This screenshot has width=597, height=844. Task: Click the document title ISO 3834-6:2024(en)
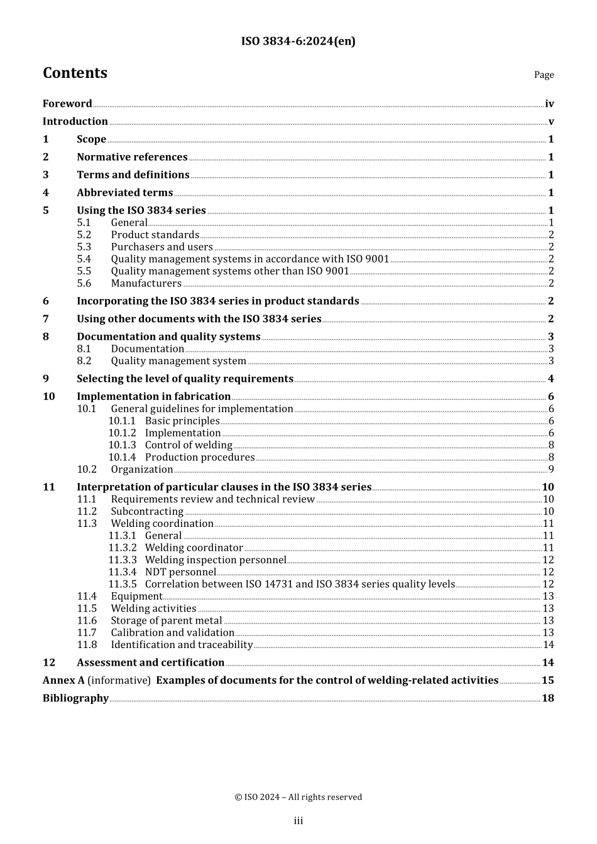point(298,41)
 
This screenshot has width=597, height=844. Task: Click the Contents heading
point(75,73)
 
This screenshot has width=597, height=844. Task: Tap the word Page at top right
point(544,75)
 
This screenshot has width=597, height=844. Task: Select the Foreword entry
point(67,104)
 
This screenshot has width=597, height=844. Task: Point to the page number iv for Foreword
point(549,104)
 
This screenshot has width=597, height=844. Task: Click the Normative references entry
point(132,157)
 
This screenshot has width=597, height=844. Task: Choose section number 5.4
point(84,259)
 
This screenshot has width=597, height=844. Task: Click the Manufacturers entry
point(146,283)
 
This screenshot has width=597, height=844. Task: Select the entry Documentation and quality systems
point(168,337)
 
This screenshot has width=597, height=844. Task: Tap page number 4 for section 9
point(551,379)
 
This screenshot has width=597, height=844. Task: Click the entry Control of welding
point(189,445)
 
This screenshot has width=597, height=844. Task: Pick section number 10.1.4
point(122,457)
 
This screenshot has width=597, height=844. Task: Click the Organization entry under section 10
point(142,469)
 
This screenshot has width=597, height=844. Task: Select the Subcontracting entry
point(147,511)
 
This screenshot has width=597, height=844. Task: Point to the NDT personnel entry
point(180,572)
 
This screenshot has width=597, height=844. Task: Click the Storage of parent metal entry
point(167,620)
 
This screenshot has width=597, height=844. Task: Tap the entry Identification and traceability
point(182,645)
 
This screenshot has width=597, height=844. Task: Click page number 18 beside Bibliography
point(548,698)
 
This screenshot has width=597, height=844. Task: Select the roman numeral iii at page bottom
point(298,821)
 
